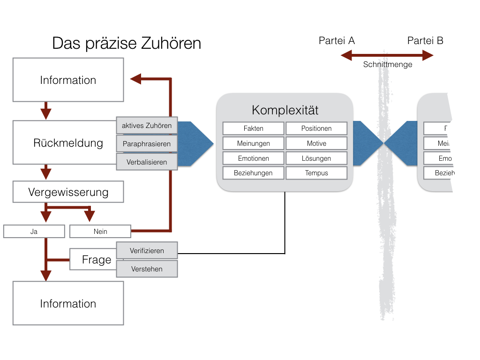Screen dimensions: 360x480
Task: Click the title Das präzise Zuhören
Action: click(x=127, y=44)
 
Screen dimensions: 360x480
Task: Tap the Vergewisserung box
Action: click(x=68, y=192)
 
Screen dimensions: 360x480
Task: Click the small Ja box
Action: click(x=34, y=232)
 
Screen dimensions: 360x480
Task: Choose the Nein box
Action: click(x=100, y=232)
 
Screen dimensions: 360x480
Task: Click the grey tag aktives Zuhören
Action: click(x=147, y=125)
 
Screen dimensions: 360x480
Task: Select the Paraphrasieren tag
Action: click(x=147, y=144)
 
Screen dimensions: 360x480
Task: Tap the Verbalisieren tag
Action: click(x=147, y=162)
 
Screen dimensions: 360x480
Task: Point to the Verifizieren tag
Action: click(x=147, y=251)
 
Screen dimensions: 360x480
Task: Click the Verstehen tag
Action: click(x=147, y=269)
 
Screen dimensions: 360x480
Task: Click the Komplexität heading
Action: click(x=285, y=110)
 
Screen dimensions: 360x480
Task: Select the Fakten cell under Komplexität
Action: click(x=253, y=128)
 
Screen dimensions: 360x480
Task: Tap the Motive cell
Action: click(x=316, y=143)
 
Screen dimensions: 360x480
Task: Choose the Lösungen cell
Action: click(x=316, y=158)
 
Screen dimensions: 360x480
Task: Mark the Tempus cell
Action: click(x=316, y=173)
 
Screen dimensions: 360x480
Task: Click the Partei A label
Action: click(x=337, y=41)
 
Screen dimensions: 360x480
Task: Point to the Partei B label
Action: click(x=425, y=41)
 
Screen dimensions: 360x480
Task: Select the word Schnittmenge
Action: click(x=388, y=65)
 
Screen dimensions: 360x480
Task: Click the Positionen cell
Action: click(x=316, y=128)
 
